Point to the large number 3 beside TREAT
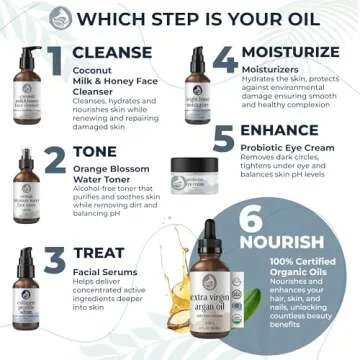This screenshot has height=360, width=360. click(55, 258)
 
